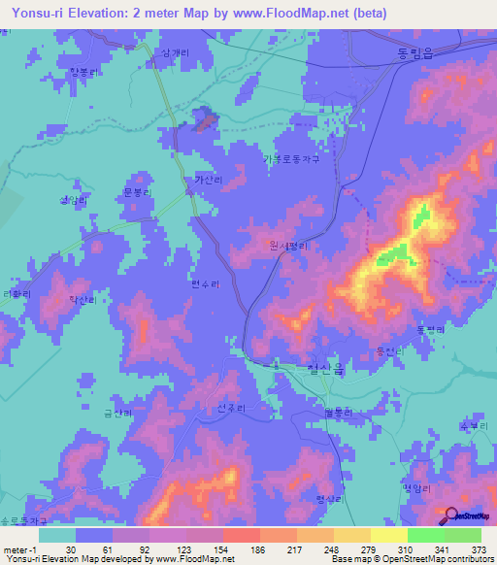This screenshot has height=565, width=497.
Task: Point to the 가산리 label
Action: coord(208,180)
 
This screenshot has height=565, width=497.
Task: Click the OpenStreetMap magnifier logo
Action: coord(449,515)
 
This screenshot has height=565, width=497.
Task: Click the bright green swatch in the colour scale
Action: coord(425,535)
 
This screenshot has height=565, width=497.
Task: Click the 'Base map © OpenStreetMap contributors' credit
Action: coord(412,558)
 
